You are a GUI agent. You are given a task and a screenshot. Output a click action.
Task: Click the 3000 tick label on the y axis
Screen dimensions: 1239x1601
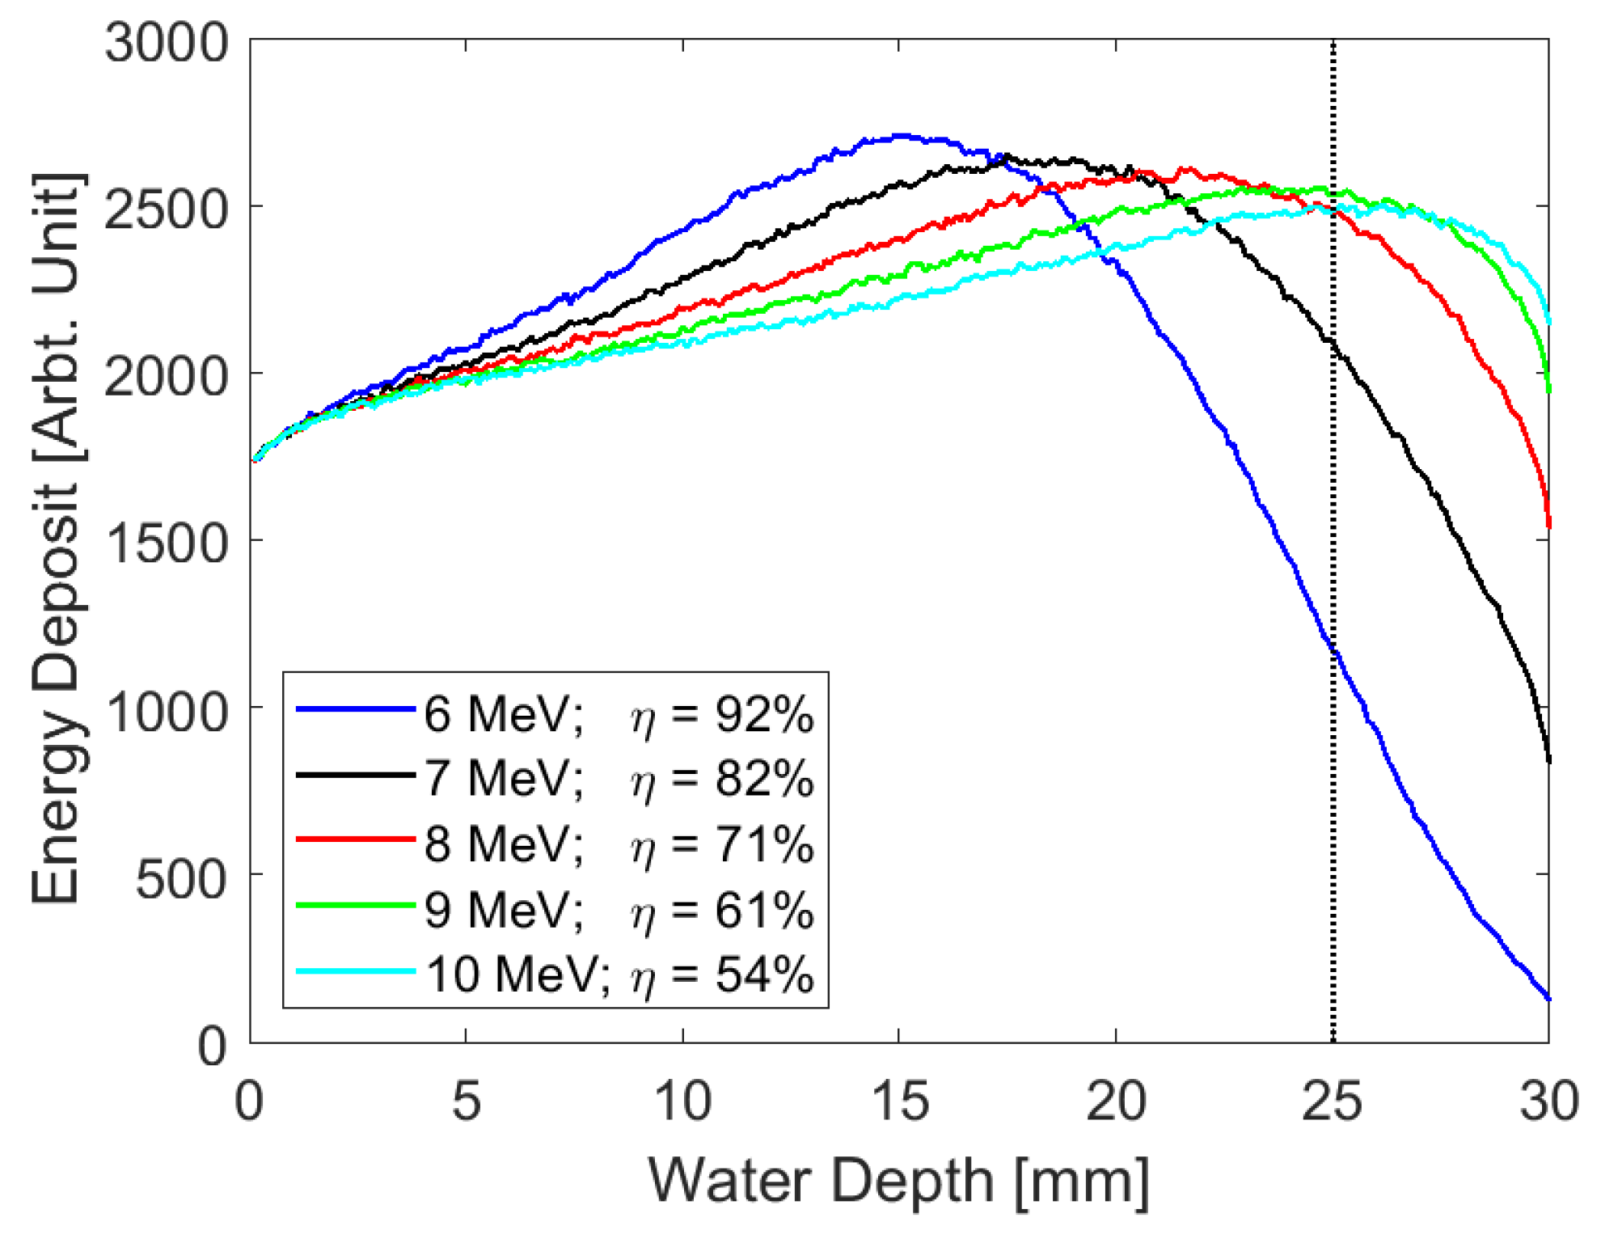pos(167,42)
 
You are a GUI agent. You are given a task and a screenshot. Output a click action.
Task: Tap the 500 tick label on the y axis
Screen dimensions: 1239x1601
pos(182,878)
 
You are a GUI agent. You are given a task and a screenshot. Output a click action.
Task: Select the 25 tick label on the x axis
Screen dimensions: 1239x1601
pos(1332,1102)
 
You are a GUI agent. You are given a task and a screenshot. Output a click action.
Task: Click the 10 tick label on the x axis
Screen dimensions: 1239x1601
pos(682,1102)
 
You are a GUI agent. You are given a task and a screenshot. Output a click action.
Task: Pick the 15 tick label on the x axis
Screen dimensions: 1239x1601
pos(899,1102)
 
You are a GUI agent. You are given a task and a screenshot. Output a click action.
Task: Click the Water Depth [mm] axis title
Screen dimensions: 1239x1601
pos(898,1182)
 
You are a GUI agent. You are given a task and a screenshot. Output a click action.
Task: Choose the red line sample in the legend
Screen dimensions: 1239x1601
pos(356,839)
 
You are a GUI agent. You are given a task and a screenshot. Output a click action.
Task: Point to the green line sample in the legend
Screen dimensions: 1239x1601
pos(356,905)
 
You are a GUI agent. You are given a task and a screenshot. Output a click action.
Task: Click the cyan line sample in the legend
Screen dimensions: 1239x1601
pos(356,970)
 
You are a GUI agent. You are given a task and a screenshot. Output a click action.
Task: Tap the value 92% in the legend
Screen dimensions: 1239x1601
pos(764,715)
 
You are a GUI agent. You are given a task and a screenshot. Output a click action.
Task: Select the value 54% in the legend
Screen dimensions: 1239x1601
pos(764,975)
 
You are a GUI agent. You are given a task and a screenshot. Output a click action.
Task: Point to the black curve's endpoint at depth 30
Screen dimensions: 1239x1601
pos(1548,760)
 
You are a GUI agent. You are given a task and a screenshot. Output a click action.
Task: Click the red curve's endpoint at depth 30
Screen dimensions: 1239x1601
pos(1548,526)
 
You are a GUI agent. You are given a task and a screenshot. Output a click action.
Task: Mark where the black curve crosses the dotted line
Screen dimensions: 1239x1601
pos(1333,345)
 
